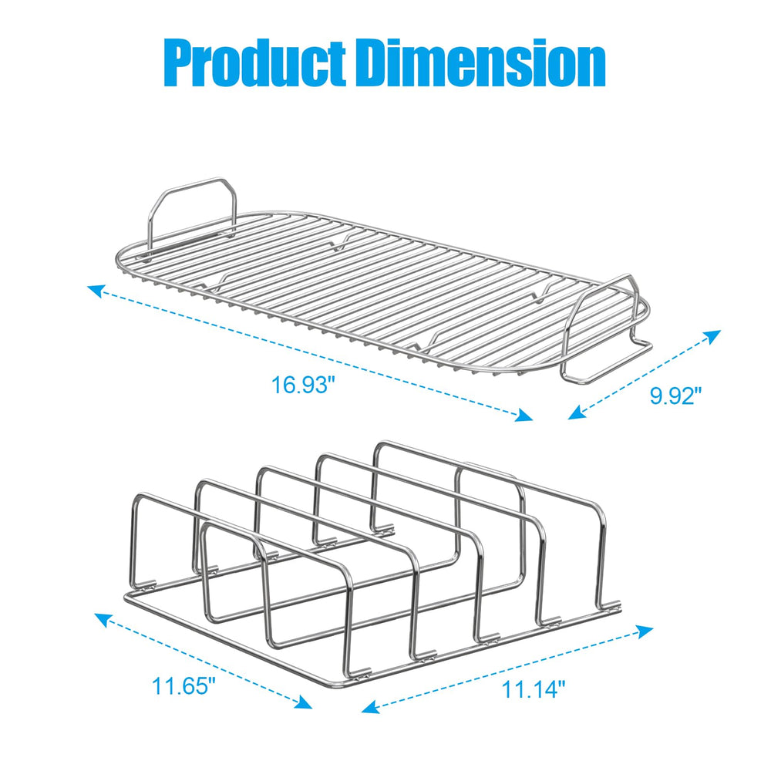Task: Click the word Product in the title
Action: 254,63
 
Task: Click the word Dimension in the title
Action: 483,63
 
